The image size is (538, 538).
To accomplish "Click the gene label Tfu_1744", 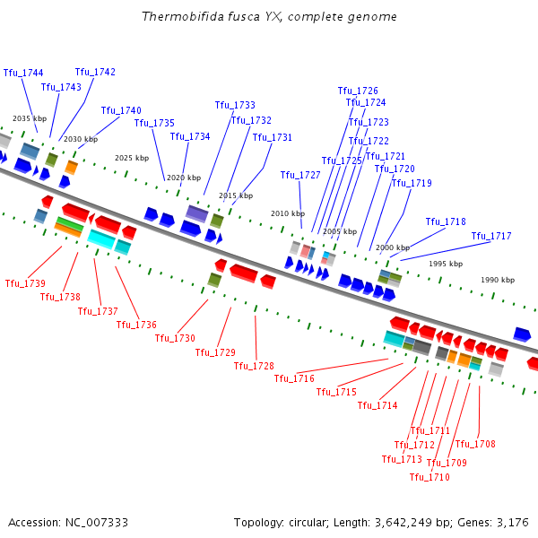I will point(23,73).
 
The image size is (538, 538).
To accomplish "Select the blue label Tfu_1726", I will point(358,91).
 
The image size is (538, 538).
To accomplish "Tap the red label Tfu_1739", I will point(25,283).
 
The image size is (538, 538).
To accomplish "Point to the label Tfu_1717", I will point(491,236).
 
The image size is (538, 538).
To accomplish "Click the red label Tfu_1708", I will point(475,444).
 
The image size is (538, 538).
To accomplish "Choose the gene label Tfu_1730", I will point(175,338).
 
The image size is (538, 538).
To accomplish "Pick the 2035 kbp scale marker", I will point(29,118).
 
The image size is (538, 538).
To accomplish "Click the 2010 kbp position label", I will point(288,213).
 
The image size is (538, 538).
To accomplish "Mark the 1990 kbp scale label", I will point(498,280).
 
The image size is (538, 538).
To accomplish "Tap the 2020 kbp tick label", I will point(184,178).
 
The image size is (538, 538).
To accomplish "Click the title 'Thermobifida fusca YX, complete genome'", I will point(269,17).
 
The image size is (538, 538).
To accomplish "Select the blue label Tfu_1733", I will point(235,105).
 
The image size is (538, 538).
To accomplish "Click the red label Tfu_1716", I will point(294,378).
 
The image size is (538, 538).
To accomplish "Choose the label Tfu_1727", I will point(300,175).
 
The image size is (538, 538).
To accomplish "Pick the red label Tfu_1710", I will point(430,477).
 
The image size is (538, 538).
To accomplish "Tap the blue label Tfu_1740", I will point(121,110).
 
